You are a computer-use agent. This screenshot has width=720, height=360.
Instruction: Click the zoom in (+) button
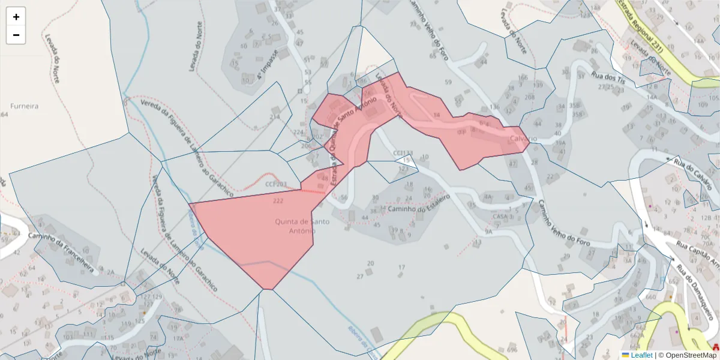(x=16, y=17)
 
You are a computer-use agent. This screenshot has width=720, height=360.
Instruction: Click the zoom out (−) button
(x=16, y=35)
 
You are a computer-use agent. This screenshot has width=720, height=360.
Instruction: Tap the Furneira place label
(x=25, y=106)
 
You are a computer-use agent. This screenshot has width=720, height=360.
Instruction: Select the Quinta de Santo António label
(x=294, y=226)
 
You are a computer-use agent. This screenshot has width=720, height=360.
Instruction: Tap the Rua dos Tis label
(x=608, y=77)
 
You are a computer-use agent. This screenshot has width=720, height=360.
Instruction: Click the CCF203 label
(x=276, y=184)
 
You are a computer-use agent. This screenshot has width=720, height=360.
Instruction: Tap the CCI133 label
(x=403, y=153)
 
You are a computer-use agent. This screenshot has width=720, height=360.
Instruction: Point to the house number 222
(x=278, y=200)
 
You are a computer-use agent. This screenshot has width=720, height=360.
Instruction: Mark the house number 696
(x=512, y=349)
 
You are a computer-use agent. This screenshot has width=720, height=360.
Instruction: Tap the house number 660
(x=651, y=296)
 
